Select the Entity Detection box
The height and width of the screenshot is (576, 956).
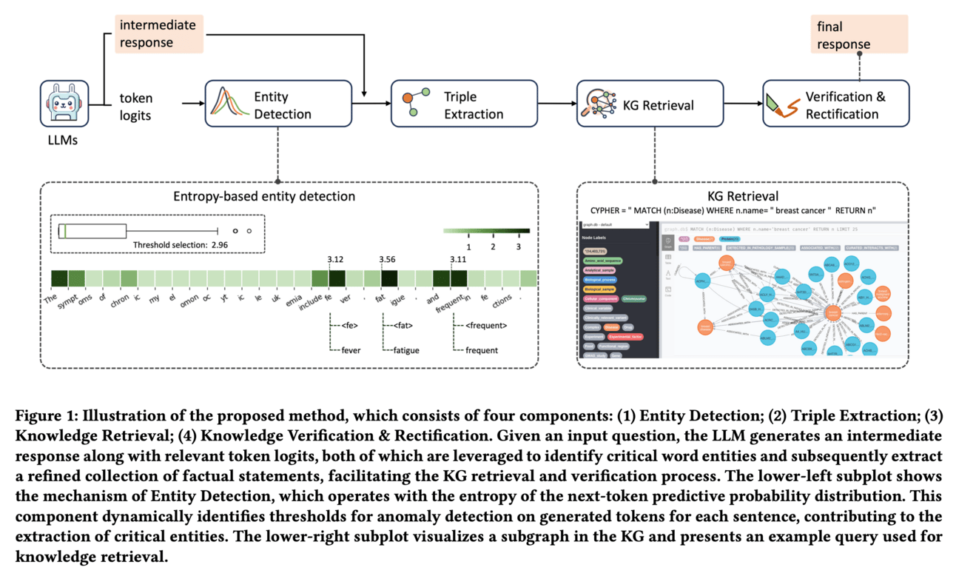coord(277,105)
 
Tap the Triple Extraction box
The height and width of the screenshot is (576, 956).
coord(463,105)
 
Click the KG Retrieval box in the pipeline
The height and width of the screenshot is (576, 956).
coord(649,105)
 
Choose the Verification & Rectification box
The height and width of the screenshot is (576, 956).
coord(835,105)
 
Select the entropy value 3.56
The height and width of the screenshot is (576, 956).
coord(388,259)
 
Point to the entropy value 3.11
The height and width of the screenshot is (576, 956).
coord(460,259)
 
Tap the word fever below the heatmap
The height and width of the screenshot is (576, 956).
coord(351,349)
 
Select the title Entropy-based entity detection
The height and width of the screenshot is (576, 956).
coord(263,196)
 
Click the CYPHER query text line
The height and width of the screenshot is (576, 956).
coord(741,211)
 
